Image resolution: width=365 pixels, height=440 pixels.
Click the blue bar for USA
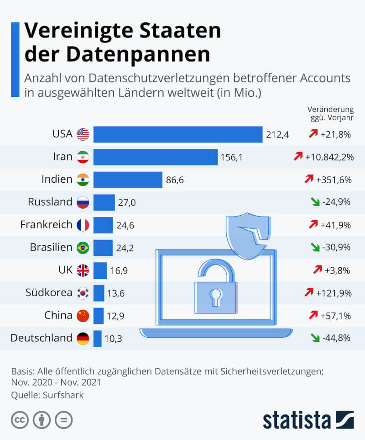click(178, 134)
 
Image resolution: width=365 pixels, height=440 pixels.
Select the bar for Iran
click(156, 157)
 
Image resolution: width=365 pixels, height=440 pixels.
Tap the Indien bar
click(128, 180)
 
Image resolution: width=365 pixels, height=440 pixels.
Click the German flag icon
click(83, 339)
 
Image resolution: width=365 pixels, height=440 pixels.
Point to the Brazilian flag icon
click(83, 248)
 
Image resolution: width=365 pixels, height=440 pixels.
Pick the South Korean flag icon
click(83, 293)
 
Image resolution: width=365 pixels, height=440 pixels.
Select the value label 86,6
click(175, 180)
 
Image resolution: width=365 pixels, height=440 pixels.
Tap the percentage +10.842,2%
click(329, 157)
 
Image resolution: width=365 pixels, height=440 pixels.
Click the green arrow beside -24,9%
click(314, 202)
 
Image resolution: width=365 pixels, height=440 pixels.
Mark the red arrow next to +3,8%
click(318, 270)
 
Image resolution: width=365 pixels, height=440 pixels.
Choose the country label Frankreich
click(46, 225)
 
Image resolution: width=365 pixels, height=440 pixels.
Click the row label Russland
click(50, 202)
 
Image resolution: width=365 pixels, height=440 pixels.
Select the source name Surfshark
click(64, 395)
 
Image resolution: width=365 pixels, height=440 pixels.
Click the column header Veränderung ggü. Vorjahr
click(330, 114)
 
